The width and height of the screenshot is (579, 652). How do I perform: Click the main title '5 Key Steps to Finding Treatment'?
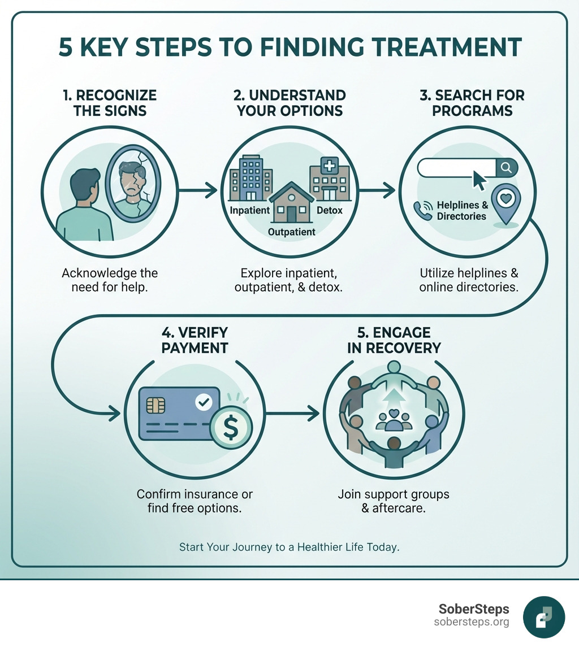coord(289,47)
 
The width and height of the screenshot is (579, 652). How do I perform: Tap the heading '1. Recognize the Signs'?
coord(110,102)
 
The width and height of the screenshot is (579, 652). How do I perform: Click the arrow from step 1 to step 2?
coord(198,191)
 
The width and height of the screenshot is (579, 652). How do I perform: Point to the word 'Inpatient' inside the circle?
coord(249,211)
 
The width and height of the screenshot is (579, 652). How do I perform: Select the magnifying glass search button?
coord(507,167)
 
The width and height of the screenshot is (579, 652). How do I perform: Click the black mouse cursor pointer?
coord(479,180)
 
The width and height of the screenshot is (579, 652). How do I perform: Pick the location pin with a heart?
coord(504,202)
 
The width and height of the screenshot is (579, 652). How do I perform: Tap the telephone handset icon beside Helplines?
coord(422,210)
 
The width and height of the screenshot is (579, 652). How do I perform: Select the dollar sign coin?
coord(231,429)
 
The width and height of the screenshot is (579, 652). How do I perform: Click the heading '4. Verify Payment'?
coord(195,340)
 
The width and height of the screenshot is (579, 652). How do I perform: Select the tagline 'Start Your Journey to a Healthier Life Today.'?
coord(289,547)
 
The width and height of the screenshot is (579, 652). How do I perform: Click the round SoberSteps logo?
coord(543,617)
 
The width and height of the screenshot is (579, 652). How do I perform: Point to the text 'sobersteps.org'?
coord(472,622)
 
